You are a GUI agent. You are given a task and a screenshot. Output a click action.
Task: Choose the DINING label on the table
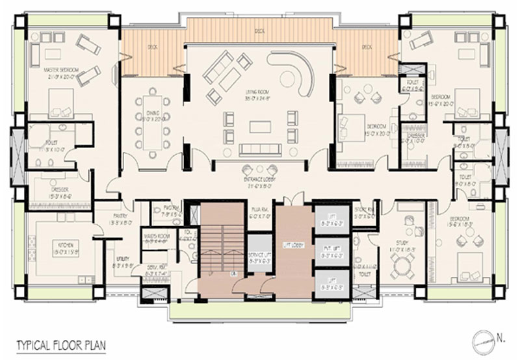tap(150, 115)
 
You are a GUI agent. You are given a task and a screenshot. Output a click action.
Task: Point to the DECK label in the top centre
tap(259, 31)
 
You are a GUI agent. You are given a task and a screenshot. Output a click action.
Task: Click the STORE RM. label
tap(365, 209)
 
